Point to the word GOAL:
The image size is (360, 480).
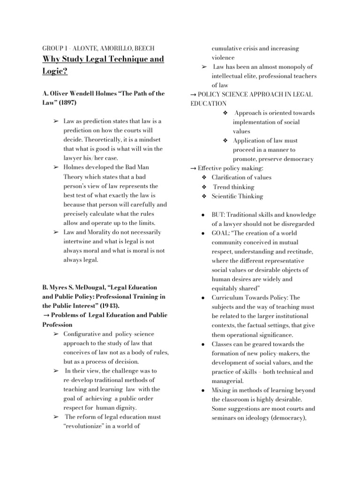222,233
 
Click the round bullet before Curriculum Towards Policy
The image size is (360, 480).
202,298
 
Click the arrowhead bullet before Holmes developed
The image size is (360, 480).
55,167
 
